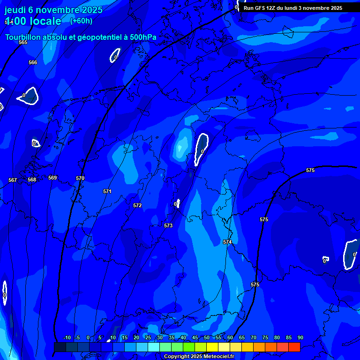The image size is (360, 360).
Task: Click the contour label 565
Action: click(23, 42)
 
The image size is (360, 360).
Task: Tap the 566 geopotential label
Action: click(33, 62)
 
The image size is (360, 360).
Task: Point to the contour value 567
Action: click(13, 180)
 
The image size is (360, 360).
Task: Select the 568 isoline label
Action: click(32, 180)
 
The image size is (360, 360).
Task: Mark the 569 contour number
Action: click(52, 178)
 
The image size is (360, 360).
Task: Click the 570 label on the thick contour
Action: click(80, 178)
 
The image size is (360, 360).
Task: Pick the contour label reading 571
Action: click(107, 191)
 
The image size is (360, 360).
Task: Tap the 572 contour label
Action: click(137, 205)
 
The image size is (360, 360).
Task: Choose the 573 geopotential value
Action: click(168, 225)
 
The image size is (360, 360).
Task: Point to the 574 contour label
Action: click(227, 242)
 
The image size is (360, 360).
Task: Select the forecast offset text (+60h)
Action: click(81, 21)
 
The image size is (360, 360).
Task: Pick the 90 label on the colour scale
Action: click(300, 337)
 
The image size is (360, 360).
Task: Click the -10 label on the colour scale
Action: click(67, 337)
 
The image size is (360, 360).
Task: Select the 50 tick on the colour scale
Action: click(206, 337)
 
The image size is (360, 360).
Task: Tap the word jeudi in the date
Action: click(15, 9)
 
